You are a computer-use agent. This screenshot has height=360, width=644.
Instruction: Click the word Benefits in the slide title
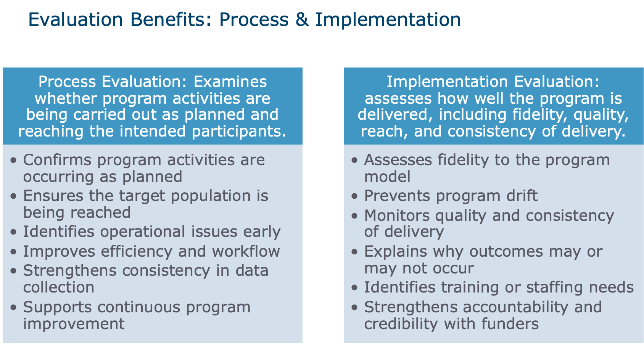click(171, 19)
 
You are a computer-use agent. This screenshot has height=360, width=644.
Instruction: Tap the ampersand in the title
click(302, 19)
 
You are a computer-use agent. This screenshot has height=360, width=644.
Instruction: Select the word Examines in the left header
click(230, 82)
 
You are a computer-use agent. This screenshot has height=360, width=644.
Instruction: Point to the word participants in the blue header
click(238, 132)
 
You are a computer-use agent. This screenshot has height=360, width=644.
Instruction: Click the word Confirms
click(57, 160)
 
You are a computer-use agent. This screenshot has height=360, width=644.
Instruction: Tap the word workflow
click(246, 251)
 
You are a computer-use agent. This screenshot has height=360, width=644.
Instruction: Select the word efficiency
click(136, 252)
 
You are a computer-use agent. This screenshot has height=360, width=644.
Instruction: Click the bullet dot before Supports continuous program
click(13, 307)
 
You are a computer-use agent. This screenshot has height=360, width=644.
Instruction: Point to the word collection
click(59, 287)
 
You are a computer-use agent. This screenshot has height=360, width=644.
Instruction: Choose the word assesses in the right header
click(398, 99)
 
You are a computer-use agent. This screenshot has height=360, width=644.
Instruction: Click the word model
click(387, 177)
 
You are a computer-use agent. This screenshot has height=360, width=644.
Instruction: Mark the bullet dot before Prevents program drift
click(354, 196)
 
